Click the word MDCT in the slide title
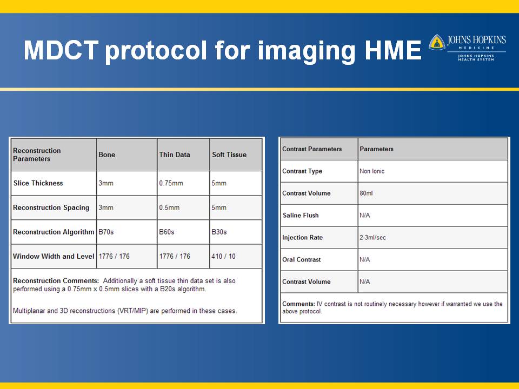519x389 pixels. tap(61, 50)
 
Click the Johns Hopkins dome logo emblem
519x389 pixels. tap(437, 42)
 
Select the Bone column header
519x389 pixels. tap(107, 155)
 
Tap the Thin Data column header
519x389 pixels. tap(175, 155)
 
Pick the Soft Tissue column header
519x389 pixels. tap(229, 155)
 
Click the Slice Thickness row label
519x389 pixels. tap(38, 183)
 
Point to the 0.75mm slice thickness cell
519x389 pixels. tap(171, 183)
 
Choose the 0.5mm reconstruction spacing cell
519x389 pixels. tap(169, 207)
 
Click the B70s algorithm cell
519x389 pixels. tap(106, 232)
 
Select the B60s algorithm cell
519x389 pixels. tap(167, 232)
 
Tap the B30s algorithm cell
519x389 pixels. tap(219, 232)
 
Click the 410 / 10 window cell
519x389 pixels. tap(223, 256)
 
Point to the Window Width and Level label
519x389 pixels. tap(54, 256)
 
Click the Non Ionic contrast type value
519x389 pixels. tap(372, 171)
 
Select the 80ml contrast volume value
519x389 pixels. tap(366, 193)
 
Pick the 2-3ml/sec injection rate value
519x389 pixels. tap(372, 238)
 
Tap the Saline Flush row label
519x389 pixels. tap(301, 216)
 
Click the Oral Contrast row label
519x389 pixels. tap(302, 260)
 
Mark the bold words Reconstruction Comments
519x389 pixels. tap(56, 280)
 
